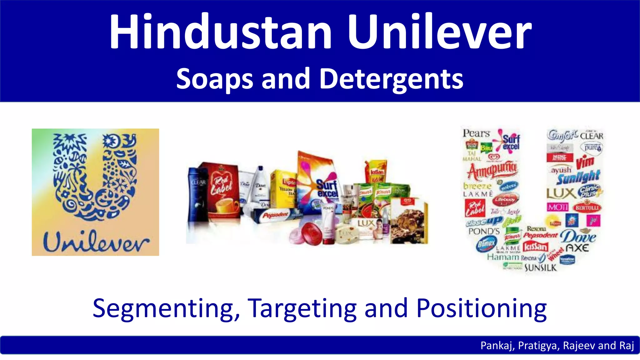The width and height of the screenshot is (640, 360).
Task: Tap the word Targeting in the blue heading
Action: point(302,309)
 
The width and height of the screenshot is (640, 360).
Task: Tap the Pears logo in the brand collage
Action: point(476,133)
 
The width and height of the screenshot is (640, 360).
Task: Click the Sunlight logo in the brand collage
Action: point(578,177)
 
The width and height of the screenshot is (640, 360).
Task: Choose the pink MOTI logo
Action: point(557,207)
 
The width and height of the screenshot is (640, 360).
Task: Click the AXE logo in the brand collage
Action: point(577,248)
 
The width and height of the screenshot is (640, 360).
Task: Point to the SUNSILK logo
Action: point(541,268)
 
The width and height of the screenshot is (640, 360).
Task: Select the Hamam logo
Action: point(502,257)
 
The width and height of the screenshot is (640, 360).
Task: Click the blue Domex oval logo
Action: point(486,244)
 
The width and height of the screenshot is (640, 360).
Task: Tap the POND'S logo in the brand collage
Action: point(484,232)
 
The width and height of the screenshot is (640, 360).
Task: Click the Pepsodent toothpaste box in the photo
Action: point(275,215)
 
